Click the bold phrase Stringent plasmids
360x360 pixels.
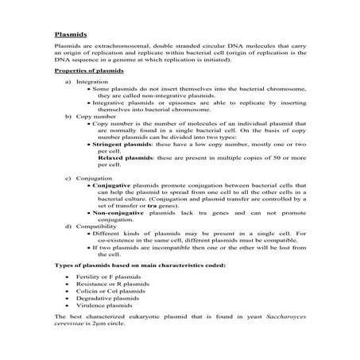point(121,146)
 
